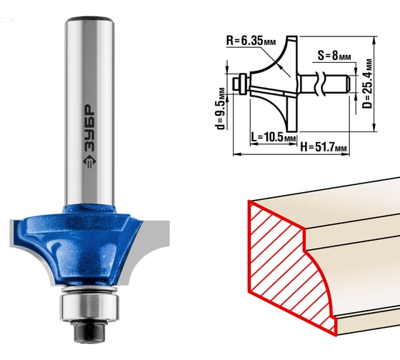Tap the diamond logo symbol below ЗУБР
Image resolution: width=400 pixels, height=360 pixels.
pos(89,161)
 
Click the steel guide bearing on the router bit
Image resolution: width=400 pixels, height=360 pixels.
pos(89,307)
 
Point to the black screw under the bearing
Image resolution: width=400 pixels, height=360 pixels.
pos(89,331)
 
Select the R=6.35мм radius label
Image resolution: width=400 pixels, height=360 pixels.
pos(251,41)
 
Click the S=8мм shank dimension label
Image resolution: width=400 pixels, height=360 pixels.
pos(334,56)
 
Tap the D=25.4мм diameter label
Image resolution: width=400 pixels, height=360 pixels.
pos(367,84)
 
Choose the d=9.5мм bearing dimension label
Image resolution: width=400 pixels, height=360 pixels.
pos(221,109)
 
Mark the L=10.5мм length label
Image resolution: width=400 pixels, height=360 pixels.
pos(274,137)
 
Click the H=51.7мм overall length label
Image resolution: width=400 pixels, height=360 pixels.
pos(324,147)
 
